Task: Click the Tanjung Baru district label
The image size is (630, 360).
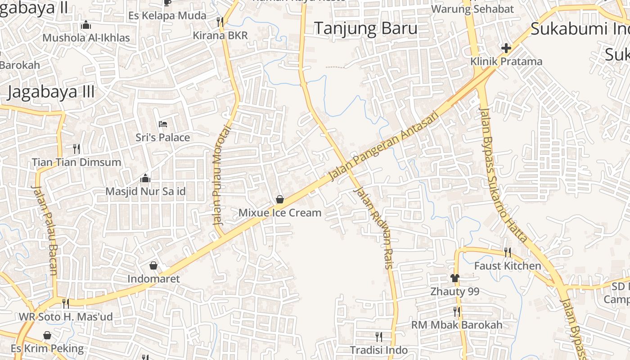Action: [365, 28]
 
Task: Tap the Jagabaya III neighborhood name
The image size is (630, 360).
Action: [51, 92]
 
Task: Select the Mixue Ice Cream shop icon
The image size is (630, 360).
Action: [280, 199]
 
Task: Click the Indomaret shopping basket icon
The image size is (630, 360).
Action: [153, 265]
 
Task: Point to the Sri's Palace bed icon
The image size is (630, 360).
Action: [163, 124]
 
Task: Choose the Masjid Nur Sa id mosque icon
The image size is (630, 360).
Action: [145, 178]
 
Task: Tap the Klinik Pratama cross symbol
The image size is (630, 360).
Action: [506, 48]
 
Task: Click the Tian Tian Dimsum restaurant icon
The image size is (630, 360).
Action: [76, 148]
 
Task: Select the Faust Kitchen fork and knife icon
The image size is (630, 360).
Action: [508, 252]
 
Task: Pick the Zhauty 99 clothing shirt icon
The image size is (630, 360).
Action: [454, 278]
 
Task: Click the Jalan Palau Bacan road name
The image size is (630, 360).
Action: [45, 229]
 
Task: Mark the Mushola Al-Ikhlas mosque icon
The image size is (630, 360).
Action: [86, 25]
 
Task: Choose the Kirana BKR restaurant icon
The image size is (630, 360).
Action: [220, 21]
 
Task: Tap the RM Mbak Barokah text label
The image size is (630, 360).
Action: [457, 324]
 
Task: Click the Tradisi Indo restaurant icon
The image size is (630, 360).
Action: [379, 336]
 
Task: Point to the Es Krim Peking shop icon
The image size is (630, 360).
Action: [47, 335]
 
